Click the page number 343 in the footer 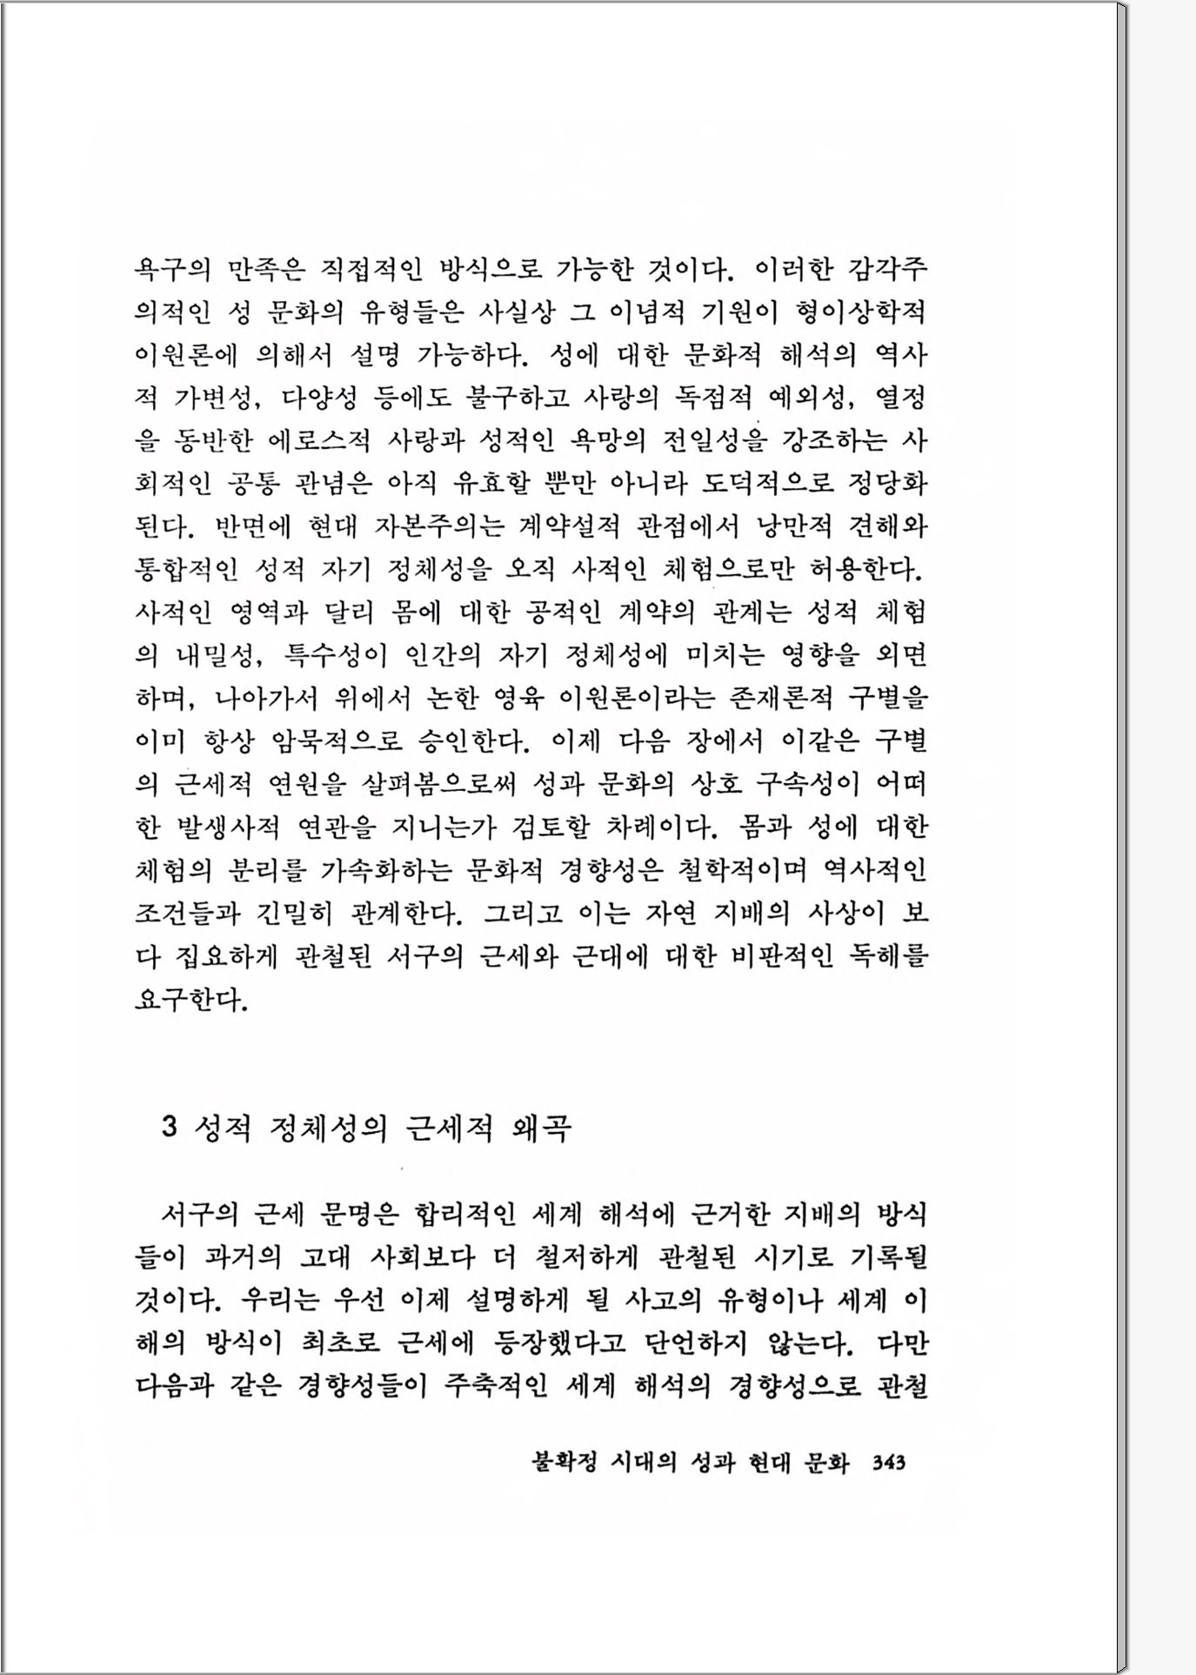coord(888,1463)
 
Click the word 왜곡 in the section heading coord(542,1128)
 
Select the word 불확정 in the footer coord(564,1463)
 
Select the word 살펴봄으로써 coord(438,784)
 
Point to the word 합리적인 coord(465,1214)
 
